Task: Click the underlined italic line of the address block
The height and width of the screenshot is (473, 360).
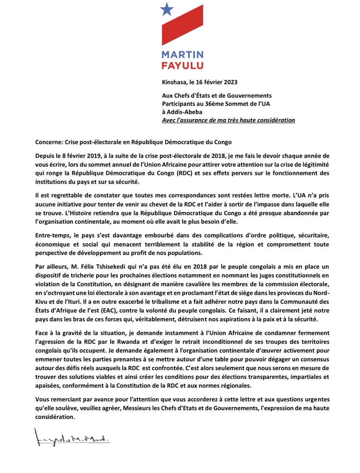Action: (228, 120)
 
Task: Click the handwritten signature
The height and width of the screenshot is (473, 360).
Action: (71, 439)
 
